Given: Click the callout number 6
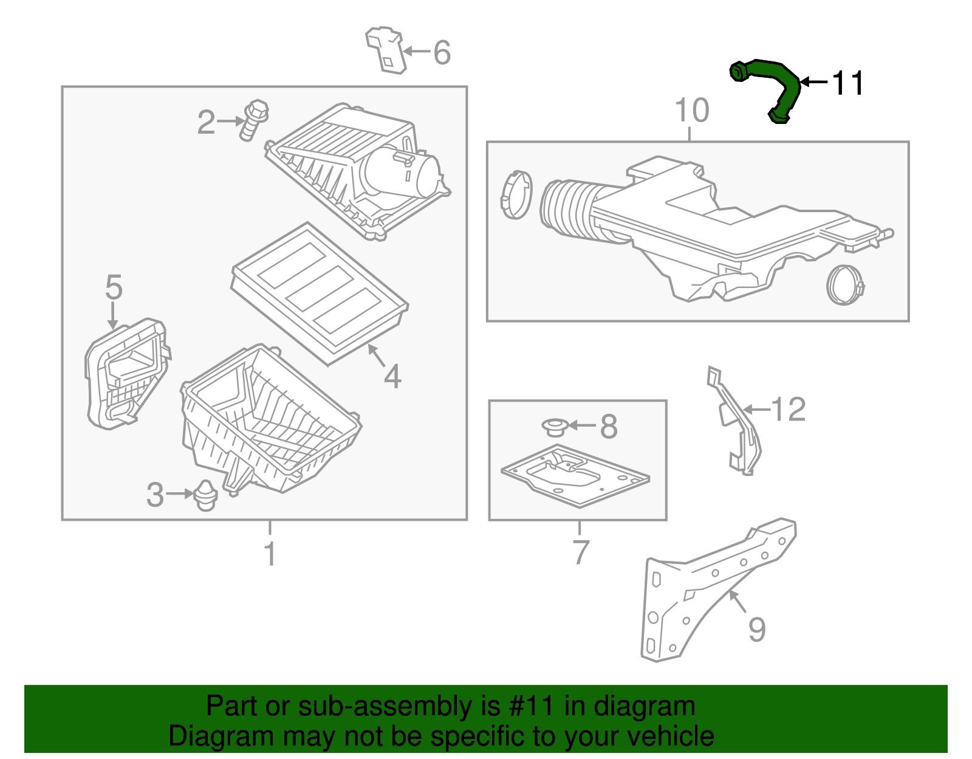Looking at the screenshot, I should coord(442,52).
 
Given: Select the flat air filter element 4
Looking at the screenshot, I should coord(320,293).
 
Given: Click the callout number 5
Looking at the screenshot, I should coord(114,287).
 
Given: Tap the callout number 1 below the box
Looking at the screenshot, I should coord(270,554).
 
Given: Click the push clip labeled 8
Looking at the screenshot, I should coord(554,427).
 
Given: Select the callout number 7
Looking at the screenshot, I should coord(581,552).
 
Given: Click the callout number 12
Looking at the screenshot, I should coord(789,410).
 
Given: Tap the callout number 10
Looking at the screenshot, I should coord(691,111).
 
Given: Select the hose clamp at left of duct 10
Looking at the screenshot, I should coord(516,194).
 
